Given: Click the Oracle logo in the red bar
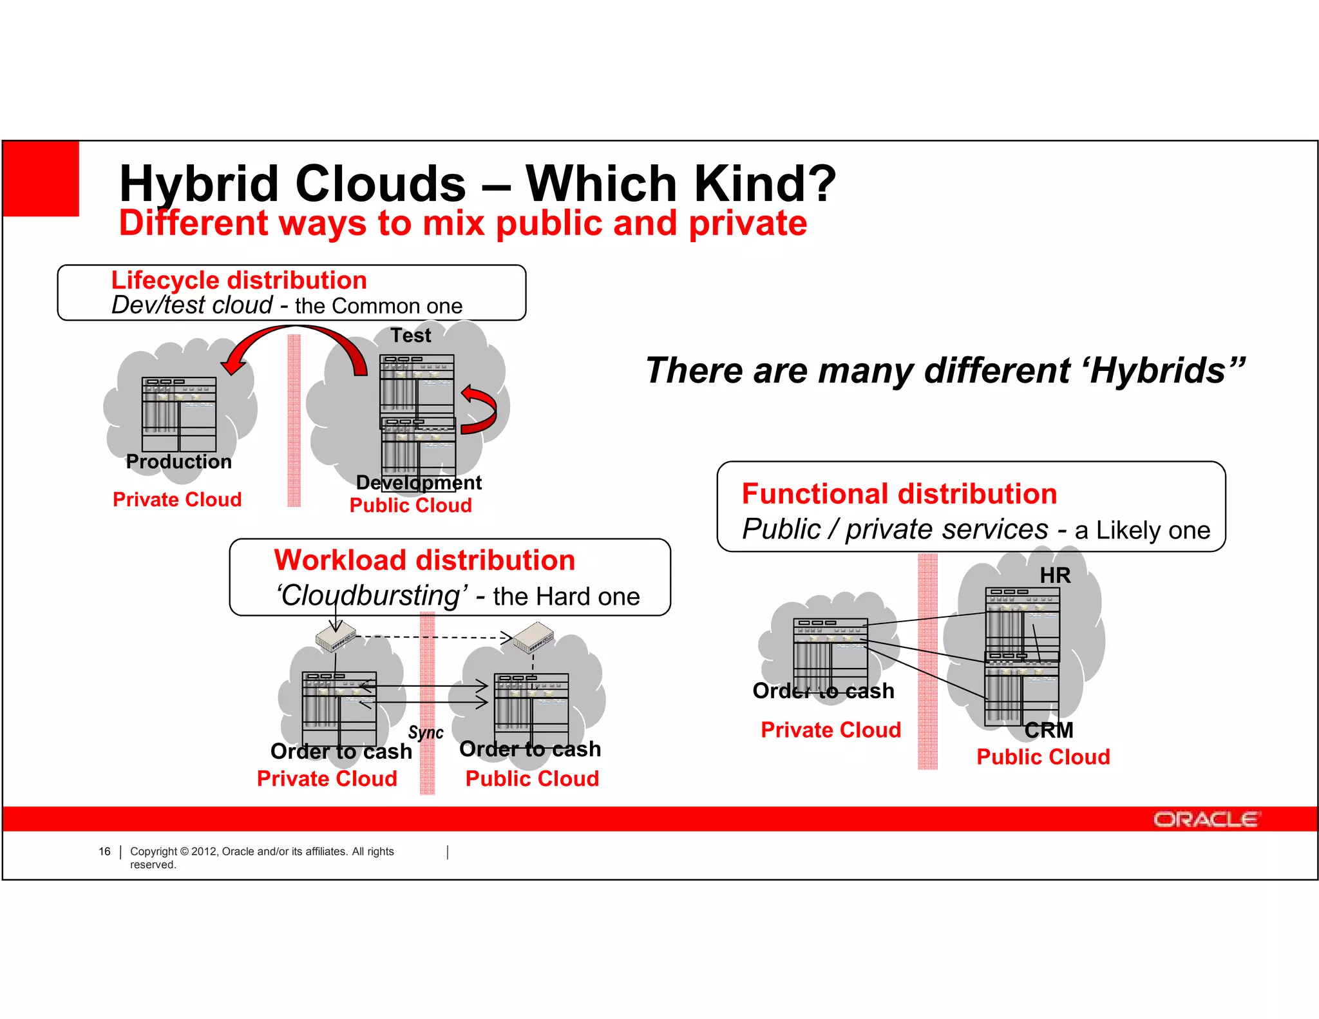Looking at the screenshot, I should [1205, 819].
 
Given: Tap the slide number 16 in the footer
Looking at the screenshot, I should [104, 852].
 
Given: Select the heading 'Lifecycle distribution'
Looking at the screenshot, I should [239, 280].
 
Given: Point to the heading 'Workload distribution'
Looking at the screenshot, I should [424, 560].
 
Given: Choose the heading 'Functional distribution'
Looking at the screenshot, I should [899, 494].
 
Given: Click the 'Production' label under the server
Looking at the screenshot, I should [178, 462].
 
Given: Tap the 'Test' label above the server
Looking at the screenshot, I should [411, 336].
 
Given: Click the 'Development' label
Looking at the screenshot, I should [419, 482].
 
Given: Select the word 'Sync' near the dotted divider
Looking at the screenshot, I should [426, 733].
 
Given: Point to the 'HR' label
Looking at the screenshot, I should [1055, 575].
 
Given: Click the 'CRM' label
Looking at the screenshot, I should [1049, 730].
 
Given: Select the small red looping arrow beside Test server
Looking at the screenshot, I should [480, 410].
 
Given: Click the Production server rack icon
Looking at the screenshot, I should [179, 414].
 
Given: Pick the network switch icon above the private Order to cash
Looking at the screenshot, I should [335, 636].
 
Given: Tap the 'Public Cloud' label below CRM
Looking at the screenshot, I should [1043, 757].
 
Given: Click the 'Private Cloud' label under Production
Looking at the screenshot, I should [177, 500].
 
